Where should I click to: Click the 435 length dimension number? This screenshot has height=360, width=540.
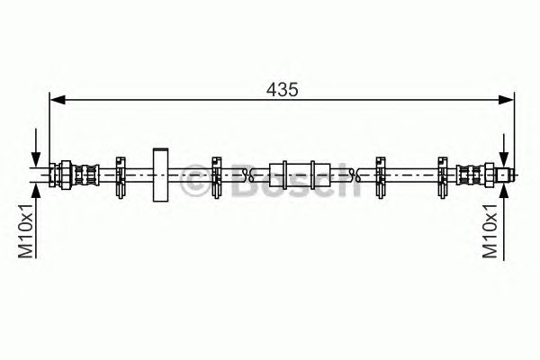(282, 90)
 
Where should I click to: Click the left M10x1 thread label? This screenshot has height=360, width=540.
(25, 230)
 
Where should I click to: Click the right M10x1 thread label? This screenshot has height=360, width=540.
(490, 230)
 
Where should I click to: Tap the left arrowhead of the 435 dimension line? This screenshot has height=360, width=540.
(58, 100)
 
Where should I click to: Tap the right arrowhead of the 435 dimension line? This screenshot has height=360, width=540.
(506, 100)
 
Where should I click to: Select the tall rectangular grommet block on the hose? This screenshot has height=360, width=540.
(160, 175)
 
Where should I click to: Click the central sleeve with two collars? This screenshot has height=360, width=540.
(300, 175)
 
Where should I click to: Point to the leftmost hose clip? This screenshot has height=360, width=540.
(121, 177)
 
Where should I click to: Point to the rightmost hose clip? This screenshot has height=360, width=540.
(443, 177)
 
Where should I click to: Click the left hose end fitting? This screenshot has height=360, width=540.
(74, 175)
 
